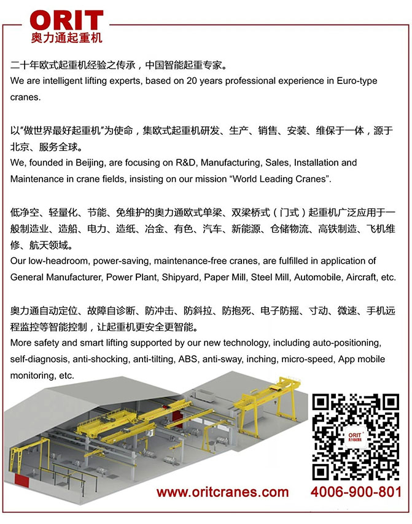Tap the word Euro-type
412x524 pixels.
coord(355,81)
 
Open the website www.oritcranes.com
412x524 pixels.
coord(222,492)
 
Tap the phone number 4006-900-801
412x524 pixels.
coord(356,492)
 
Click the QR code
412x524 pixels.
coord(356,436)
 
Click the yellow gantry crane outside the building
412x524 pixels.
coord(265,404)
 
